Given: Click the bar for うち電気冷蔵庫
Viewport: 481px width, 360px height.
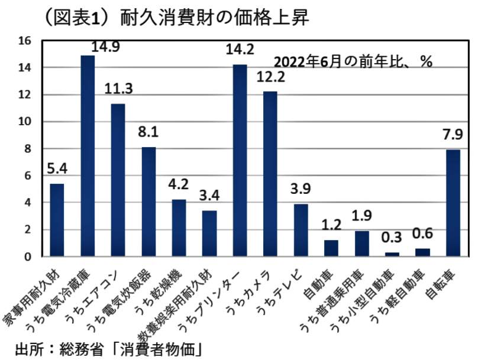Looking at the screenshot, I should (88, 156).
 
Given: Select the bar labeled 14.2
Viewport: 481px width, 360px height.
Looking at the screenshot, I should (240, 160).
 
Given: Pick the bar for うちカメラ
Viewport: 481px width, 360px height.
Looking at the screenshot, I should (270, 174).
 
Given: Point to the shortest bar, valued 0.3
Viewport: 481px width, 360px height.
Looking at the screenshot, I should (392, 254).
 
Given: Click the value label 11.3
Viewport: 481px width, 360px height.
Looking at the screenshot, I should (118, 89).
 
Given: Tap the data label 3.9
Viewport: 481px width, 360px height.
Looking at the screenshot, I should (301, 189).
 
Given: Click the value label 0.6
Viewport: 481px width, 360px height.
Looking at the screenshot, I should (422, 233).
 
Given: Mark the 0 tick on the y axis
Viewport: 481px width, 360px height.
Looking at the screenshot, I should (27, 257).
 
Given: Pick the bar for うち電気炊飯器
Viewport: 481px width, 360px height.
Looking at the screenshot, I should (149, 202).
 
